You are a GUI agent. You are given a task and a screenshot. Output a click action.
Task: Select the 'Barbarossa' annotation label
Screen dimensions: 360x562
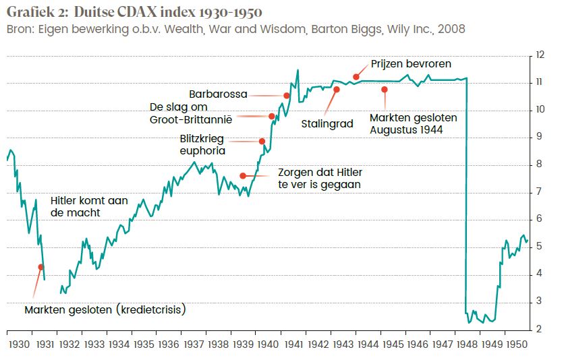click(x=218, y=94)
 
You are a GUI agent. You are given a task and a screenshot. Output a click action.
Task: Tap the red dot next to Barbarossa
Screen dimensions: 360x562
click(x=287, y=96)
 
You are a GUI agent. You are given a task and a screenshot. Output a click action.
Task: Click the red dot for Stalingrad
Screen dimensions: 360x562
click(x=336, y=90)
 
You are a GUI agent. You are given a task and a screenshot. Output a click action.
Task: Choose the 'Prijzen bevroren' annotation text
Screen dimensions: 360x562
click(x=411, y=64)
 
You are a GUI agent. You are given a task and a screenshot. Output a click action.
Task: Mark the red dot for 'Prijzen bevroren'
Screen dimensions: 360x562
click(x=356, y=77)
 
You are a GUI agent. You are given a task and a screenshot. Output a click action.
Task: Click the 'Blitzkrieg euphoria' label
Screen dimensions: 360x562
click(x=202, y=145)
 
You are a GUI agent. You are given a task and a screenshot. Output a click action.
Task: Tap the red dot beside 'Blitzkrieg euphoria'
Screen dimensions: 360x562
click(x=262, y=141)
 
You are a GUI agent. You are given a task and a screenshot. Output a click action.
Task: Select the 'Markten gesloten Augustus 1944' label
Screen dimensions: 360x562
click(x=413, y=123)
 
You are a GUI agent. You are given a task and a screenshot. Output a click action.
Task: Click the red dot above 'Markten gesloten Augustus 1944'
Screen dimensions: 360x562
click(x=385, y=90)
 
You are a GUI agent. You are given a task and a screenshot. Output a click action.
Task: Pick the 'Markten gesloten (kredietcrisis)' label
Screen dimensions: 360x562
click(x=105, y=310)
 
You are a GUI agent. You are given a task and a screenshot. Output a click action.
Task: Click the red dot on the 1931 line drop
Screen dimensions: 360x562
click(x=40, y=267)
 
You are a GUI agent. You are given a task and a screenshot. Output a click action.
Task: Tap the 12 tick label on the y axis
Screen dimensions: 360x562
click(x=539, y=55)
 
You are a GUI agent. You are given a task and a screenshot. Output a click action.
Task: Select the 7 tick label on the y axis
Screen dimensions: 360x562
click(x=539, y=192)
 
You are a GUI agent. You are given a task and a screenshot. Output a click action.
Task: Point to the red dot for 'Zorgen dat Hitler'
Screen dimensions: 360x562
click(x=243, y=176)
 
